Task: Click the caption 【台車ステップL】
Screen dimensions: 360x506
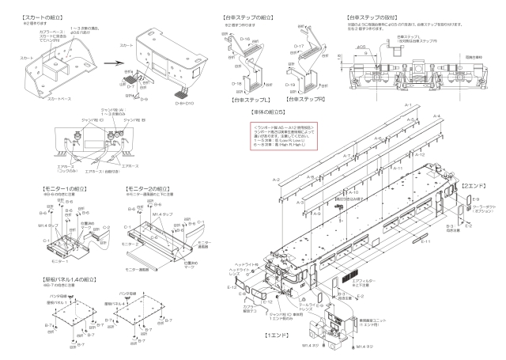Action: point(249,100)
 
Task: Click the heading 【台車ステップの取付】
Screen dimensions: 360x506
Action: point(373,17)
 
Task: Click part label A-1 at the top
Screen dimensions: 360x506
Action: point(406,105)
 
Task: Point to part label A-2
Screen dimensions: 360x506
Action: point(277,181)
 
